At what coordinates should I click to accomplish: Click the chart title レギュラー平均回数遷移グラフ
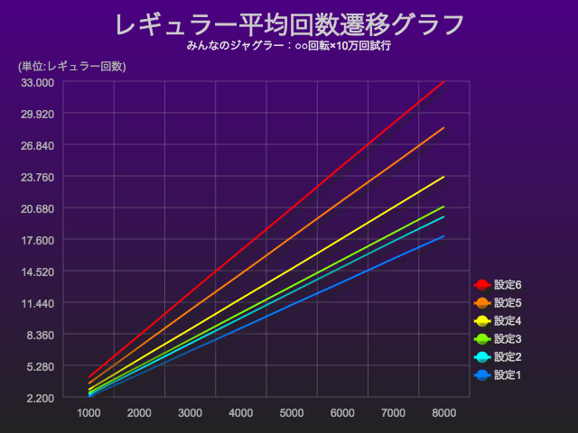(289, 24)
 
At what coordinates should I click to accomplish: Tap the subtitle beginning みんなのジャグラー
(289, 46)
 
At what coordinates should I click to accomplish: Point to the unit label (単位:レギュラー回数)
(71, 66)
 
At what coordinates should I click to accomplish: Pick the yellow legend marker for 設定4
(481, 321)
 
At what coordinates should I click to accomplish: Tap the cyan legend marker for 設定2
(481, 357)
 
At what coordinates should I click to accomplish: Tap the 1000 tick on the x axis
(89, 413)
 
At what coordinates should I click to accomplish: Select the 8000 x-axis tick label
(443, 413)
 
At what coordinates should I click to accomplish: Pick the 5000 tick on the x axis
(292, 413)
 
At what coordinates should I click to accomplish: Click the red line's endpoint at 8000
(443, 83)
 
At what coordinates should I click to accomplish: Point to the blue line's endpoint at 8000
(443, 236)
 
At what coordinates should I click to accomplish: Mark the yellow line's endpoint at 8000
(443, 177)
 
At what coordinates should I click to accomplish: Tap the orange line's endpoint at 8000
(443, 128)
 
